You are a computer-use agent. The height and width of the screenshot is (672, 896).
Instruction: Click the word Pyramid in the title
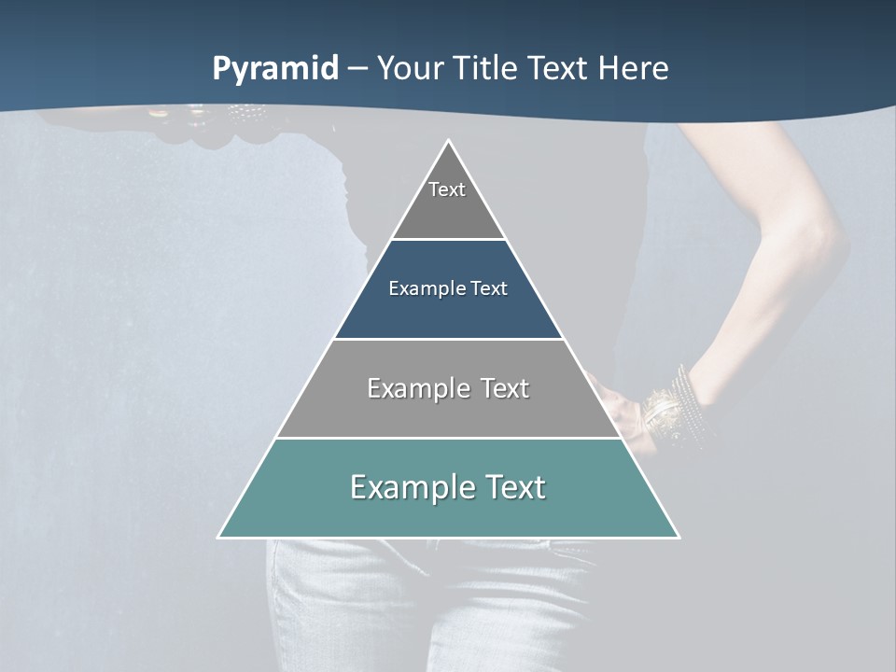274,69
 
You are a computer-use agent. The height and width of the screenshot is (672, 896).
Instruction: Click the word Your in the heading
412,69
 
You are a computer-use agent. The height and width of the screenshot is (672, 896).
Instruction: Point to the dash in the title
357,69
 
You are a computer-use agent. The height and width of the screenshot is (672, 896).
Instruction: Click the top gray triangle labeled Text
448,201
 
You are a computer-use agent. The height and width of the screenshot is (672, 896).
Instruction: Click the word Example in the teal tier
406,487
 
